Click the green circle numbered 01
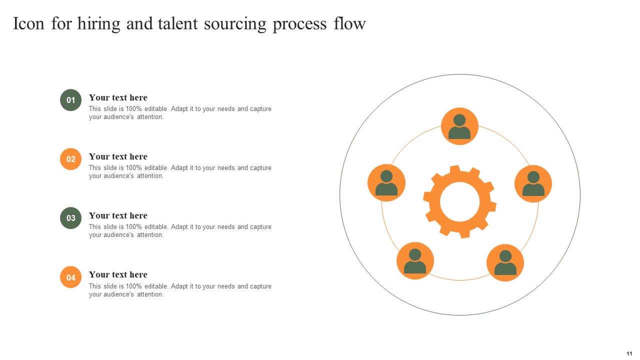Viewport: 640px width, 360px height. [71, 100]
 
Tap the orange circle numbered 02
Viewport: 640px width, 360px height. [71, 159]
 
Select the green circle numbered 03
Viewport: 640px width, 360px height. [71, 218]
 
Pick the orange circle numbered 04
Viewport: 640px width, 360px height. [71, 277]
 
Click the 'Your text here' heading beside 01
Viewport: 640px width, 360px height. [118, 97]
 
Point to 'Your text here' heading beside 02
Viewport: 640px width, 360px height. [118, 156]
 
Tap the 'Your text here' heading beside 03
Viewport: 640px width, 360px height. [118, 215]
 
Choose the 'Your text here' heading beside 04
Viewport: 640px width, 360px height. [118, 274]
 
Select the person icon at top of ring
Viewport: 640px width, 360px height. [459, 126]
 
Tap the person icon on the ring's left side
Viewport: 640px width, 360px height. [386, 183]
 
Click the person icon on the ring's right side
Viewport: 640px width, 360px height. [533, 183]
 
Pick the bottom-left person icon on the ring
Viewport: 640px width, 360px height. [415, 261]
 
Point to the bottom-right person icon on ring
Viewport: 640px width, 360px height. [505, 263]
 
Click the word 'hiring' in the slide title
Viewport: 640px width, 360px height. [99, 23]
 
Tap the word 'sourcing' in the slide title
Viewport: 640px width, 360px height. [235, 23]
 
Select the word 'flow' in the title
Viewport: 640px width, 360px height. [349, 23]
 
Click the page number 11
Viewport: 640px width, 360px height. [629, 353]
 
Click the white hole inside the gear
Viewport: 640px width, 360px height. [460, 201]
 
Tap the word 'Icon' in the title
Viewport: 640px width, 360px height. [29, 23]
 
